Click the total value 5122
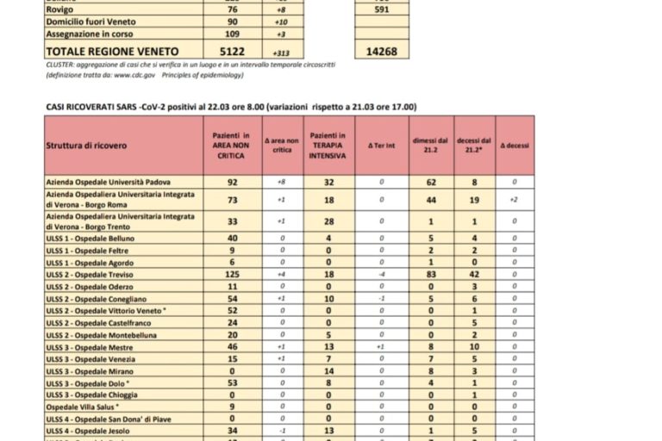233,51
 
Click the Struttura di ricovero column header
86,146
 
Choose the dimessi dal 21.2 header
431,146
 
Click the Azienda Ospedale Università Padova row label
107,183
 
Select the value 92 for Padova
232,183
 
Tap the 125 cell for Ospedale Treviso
232,274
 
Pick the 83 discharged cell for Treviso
431,274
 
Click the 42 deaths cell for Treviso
473,274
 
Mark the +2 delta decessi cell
514,199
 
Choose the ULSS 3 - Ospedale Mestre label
84,346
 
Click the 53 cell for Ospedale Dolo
232,382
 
